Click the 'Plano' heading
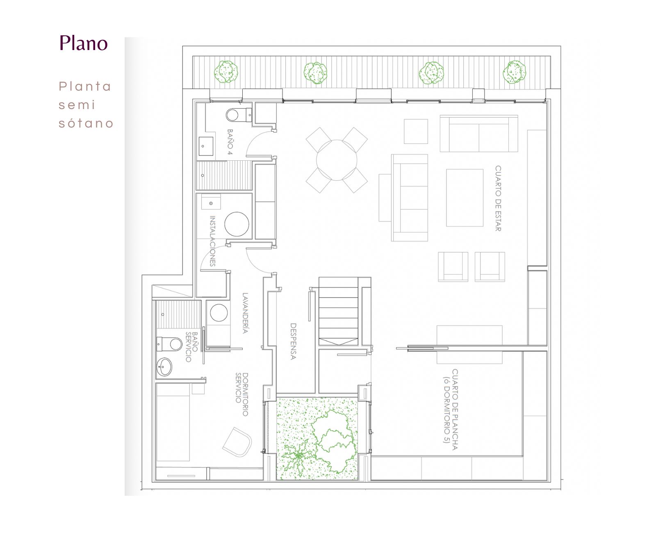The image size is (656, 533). pos(84,43)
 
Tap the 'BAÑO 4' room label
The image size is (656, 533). pos(230,141)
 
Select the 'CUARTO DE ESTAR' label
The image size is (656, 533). pos(498,198)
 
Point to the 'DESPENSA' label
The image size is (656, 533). pos(293,341)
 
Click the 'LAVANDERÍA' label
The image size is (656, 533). pos(245,313)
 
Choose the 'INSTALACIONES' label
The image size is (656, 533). pos(212,241)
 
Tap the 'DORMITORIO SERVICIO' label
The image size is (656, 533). pos(242,394)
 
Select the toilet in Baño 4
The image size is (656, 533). pos(239,115)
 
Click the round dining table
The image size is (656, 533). pos(336,160)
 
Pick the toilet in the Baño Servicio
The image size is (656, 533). pos(169,344)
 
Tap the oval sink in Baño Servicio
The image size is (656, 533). pos(164,367)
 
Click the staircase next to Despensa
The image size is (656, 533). pos(338,311)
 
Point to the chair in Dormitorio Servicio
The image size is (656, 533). pos(237,442)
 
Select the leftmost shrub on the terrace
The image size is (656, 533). pos(226,72)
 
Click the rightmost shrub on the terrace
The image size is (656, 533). pos(514,72)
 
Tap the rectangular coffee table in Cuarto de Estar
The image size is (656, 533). pos(465,198)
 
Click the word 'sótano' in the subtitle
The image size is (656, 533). pos(86,123)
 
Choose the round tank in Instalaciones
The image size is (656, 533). pos(237,224)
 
